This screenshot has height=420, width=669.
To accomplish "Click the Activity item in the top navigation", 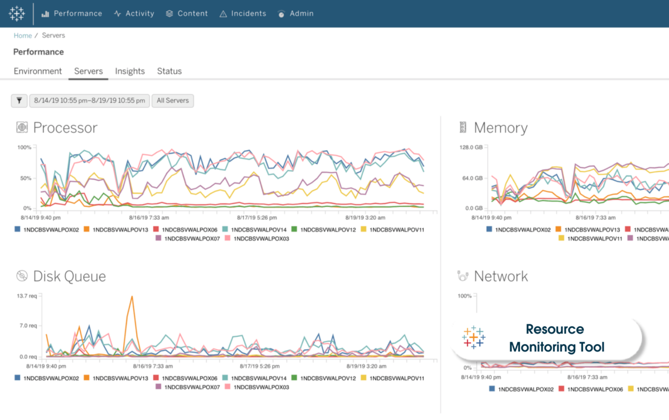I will tap(134, 13).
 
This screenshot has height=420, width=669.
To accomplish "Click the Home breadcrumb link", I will tap(23, 35).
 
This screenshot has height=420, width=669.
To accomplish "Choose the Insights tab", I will tap(130, 71).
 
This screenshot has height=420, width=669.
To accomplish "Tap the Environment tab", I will tap(38, 71).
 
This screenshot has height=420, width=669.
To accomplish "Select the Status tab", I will tap(169, 71).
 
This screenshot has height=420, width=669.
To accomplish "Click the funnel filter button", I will tap(20, 101).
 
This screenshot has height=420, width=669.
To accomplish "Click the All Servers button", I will tap(173, 101).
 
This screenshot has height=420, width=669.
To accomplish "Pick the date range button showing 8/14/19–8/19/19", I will tap(90, 101).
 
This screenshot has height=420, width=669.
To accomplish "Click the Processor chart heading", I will tap(65, 128).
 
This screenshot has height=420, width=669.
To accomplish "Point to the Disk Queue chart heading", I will tap(69, 276).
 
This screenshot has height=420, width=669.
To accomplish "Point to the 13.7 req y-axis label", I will tap(27, 296).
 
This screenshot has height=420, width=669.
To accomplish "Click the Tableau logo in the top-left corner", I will tap(17, 13).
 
